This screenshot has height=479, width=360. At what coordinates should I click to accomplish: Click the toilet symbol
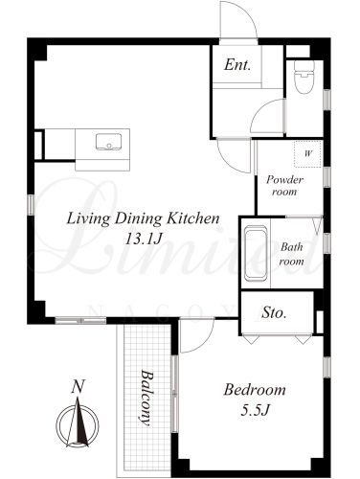304,78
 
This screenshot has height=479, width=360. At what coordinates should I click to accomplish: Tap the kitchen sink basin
108,142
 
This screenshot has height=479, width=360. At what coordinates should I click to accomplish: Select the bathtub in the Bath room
256,253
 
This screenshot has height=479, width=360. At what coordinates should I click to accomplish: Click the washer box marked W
307,153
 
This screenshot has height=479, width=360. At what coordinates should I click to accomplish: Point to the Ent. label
237,65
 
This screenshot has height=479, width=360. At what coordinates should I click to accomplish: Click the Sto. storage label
274,312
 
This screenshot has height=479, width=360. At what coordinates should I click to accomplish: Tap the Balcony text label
146,398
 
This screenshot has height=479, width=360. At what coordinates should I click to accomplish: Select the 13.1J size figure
144,239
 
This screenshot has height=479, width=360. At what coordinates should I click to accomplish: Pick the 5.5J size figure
256,410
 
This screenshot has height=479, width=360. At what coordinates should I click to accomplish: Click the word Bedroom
255,390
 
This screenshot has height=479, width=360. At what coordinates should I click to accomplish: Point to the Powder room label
284,186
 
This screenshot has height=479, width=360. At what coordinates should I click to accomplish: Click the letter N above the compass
79,386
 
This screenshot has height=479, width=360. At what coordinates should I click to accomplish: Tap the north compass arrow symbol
78,422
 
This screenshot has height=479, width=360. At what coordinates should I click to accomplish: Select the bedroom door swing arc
204,343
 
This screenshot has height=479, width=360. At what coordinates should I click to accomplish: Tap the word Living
88,219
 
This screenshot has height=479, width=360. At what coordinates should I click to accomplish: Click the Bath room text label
291,254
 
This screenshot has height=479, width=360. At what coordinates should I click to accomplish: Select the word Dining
139,219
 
